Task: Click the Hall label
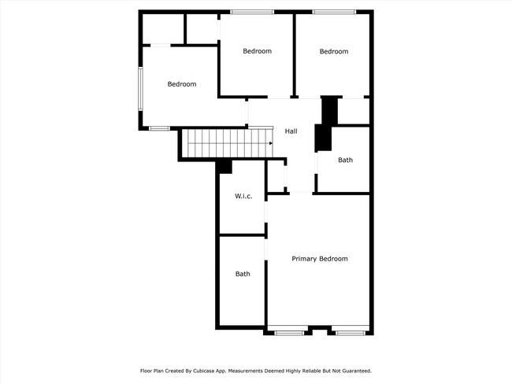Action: click(x=291, y=131)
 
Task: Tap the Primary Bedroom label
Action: click(x=319, y=259)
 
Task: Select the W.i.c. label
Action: click(x=243, y=196)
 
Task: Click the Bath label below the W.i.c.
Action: click(x=243, y=274)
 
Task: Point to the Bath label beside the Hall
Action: click(x=345, y=160)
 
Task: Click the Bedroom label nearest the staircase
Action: click(x=181, y=84)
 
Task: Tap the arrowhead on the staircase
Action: click(x=270, y=144)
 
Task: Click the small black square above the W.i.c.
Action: click(x=224, y=166)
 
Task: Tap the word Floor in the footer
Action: click(x=146, y=371)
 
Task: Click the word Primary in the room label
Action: click(x=304, y=259)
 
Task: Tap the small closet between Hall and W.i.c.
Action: click(x=276, y=175)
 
